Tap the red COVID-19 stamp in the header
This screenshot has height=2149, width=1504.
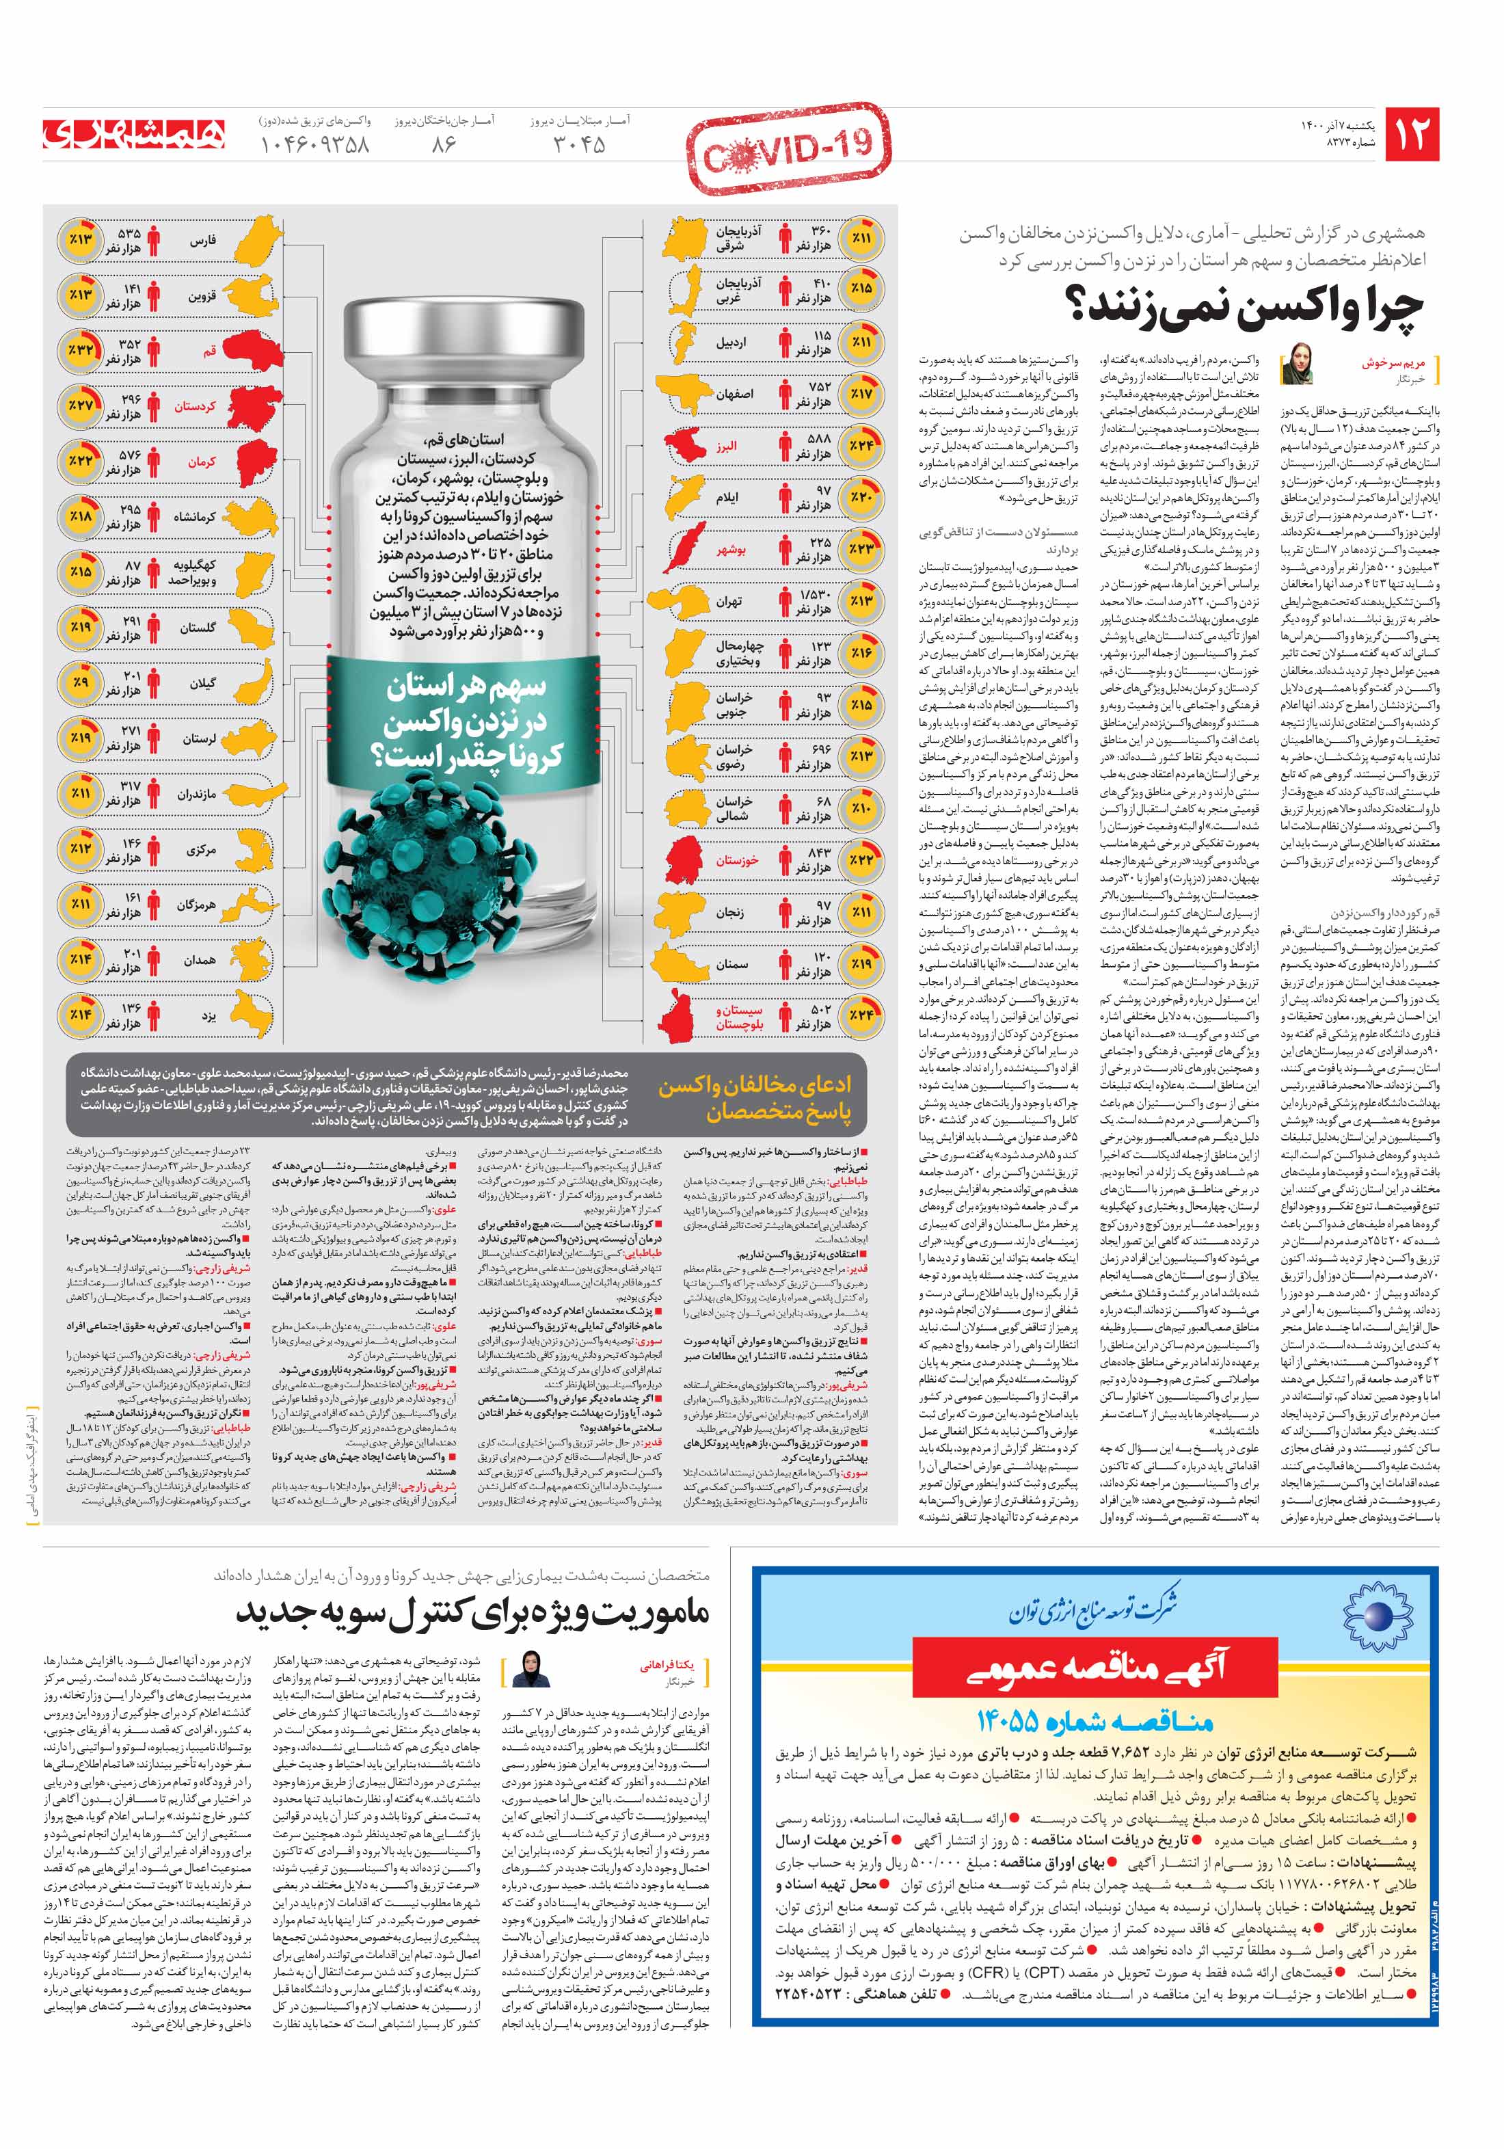pos(789,149)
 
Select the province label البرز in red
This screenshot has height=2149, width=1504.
pos(726,446)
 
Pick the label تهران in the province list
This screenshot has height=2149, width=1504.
pos(728,601)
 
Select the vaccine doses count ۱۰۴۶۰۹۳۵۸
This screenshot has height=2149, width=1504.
pos(314,144)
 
